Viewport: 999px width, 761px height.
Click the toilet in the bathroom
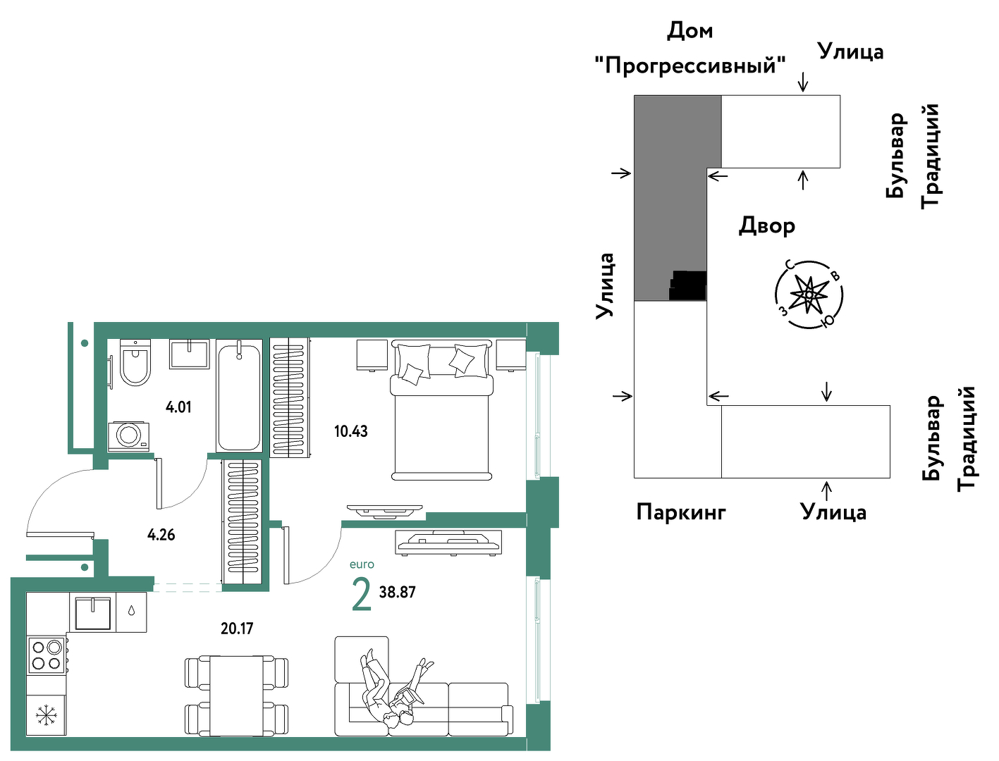135,361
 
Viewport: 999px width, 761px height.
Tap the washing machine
129,436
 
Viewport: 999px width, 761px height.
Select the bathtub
239,396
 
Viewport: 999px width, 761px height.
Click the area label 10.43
351,431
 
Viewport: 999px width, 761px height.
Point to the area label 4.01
178,407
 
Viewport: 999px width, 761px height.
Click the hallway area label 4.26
161,535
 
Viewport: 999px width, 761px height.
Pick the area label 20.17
237,629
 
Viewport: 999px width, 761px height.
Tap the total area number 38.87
398,592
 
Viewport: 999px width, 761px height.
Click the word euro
362,564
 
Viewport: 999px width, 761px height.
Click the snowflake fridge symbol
47,715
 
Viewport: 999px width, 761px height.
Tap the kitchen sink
93,613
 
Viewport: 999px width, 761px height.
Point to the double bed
441,410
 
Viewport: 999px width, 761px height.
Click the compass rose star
809,295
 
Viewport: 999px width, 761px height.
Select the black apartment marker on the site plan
687,285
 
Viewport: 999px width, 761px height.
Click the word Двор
767,226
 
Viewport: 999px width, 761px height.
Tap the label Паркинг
681,512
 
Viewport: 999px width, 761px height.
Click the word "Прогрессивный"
690,66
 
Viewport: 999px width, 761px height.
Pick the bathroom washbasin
190,354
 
